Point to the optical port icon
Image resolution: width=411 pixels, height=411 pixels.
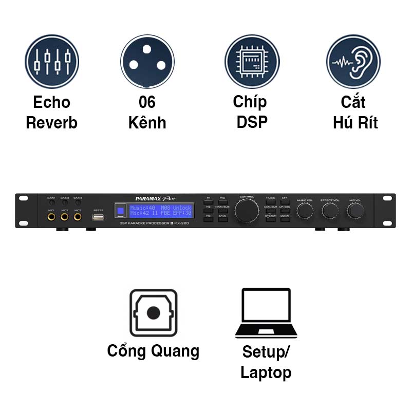(x=153, y=313)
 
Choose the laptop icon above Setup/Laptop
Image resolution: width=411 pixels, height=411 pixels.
(x=266, y=313)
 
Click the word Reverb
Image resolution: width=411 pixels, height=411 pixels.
(x=51, y=123)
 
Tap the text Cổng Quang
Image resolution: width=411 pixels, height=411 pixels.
(x=153, y=351)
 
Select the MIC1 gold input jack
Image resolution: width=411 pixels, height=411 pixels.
(x=51, y=217)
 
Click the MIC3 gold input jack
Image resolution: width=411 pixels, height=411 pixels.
(x=78, y=217)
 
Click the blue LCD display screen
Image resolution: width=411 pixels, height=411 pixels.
(x=160, y=210)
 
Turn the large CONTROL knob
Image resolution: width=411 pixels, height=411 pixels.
(x=247, y=211)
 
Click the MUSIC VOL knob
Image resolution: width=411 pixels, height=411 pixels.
(x=305, y=211)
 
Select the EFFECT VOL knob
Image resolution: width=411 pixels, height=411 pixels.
(x=329, y=211)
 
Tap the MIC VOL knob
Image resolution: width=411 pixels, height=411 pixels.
(x=354, y=211)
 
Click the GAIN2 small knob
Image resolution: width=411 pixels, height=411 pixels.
(x=65, y=203)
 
